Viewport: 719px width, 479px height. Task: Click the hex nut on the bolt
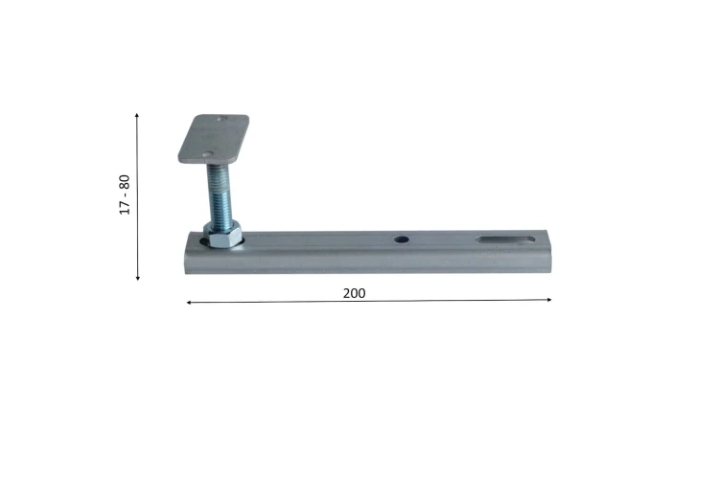pyautogui.click(x=222, y=234)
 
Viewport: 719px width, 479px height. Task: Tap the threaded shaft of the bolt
pyautogui.click(x=220, y=193)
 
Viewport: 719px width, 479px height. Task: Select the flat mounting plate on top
pyautogui.click(x=214, y=139)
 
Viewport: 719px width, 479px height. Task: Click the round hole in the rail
pyautogui.click(x=402, y=239)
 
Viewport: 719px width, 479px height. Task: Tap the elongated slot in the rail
pyautogui.click(x=505, y=239)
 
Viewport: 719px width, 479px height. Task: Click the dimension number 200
pyautogui.click(x=354, y=293)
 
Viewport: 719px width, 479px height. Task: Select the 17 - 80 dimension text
pyautogui.click(x=125, y=194)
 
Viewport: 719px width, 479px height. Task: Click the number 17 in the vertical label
pyautogui.click(x=125, y=208)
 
